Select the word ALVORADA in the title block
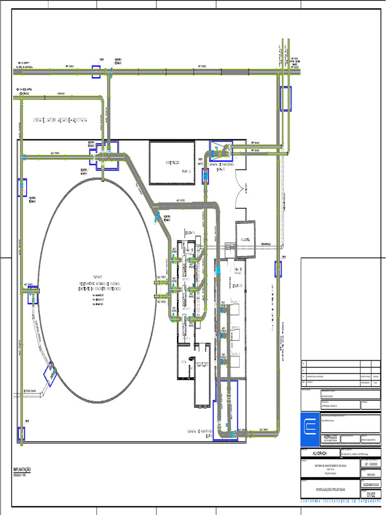click(x=320, y=453)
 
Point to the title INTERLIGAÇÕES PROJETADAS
click(x=330, y=489)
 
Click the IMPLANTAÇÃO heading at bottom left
click(x=22, y=469)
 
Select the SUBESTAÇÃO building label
click(x=172, y=162)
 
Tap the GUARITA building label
click(x=246, y=239)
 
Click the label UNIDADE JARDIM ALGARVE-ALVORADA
click(x=60, y=121)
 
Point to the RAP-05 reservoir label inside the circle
click(x=97, y=277)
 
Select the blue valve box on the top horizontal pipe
click(x=95, y=72)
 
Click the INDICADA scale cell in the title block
click(x=370, y=474)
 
